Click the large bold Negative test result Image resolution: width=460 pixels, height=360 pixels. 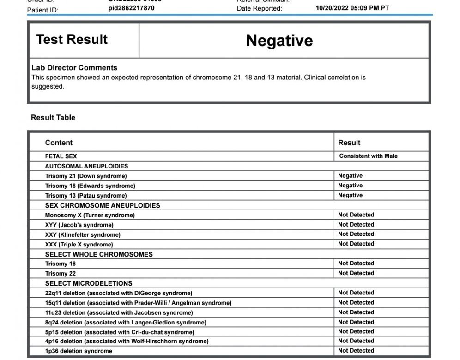(x=279, y=41)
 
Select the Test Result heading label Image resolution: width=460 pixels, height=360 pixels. (x=72, y=40)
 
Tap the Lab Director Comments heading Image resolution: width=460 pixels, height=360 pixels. (x=74, y=67)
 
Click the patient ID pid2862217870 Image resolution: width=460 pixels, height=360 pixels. (x=132, y=8)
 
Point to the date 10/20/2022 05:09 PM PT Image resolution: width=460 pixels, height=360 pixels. (x=352, y=8)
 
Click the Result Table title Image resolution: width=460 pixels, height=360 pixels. (x=53, y=118)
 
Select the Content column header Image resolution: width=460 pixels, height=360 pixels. (x=59, y=143)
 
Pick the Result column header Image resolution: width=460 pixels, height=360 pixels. (x=349, y=143)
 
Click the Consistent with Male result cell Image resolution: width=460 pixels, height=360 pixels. (x=368, y=156)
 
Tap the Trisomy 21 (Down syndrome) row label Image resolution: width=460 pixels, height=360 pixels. (x=86, y=176)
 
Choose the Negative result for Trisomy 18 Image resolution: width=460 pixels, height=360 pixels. (x=350, y=186)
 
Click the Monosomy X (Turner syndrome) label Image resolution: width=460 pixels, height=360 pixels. (x=90, y=215)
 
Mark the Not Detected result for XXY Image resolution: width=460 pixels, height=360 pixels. (x=356, y=234)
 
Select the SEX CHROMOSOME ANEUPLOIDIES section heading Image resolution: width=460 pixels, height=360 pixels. (x=103, y=205)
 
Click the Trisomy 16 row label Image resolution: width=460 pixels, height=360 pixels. (x=61, y=264)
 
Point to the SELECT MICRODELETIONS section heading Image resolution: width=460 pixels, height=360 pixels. (x=89, y=283)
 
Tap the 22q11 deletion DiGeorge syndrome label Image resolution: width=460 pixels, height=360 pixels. (x=119, y=293)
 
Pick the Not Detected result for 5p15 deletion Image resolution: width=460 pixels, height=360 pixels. (x=356, y=331)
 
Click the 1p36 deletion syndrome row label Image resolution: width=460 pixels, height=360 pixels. (x=79, y=351)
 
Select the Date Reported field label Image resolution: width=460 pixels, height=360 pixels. (x=259, y=8)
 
